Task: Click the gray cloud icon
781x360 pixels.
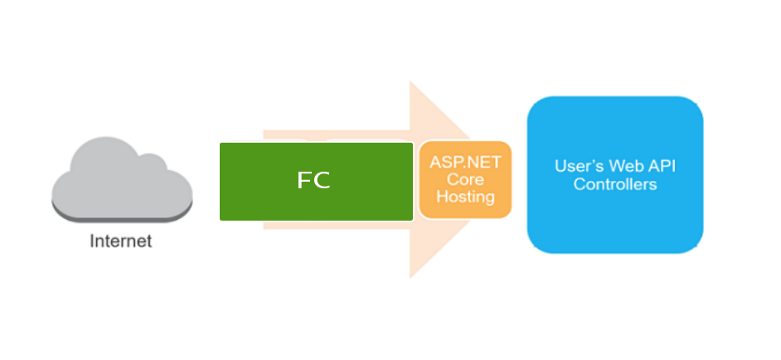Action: click(122, 180)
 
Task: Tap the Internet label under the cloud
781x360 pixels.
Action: click(121, 242)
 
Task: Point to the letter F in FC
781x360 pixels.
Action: click(303, 181)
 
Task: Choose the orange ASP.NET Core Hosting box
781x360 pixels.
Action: click(464, 180)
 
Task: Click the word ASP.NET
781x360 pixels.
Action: click(465, 162)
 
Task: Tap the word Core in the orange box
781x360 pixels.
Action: click(465, 179)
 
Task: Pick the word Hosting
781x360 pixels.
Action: click(465, 197)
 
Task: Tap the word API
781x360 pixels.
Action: click(661, 166)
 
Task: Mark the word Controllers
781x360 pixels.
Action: click(615, 184)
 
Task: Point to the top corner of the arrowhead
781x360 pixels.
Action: click(410, 83)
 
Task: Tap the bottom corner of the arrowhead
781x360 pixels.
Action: click(410, 277)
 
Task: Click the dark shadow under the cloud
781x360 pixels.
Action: click(122, 217)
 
